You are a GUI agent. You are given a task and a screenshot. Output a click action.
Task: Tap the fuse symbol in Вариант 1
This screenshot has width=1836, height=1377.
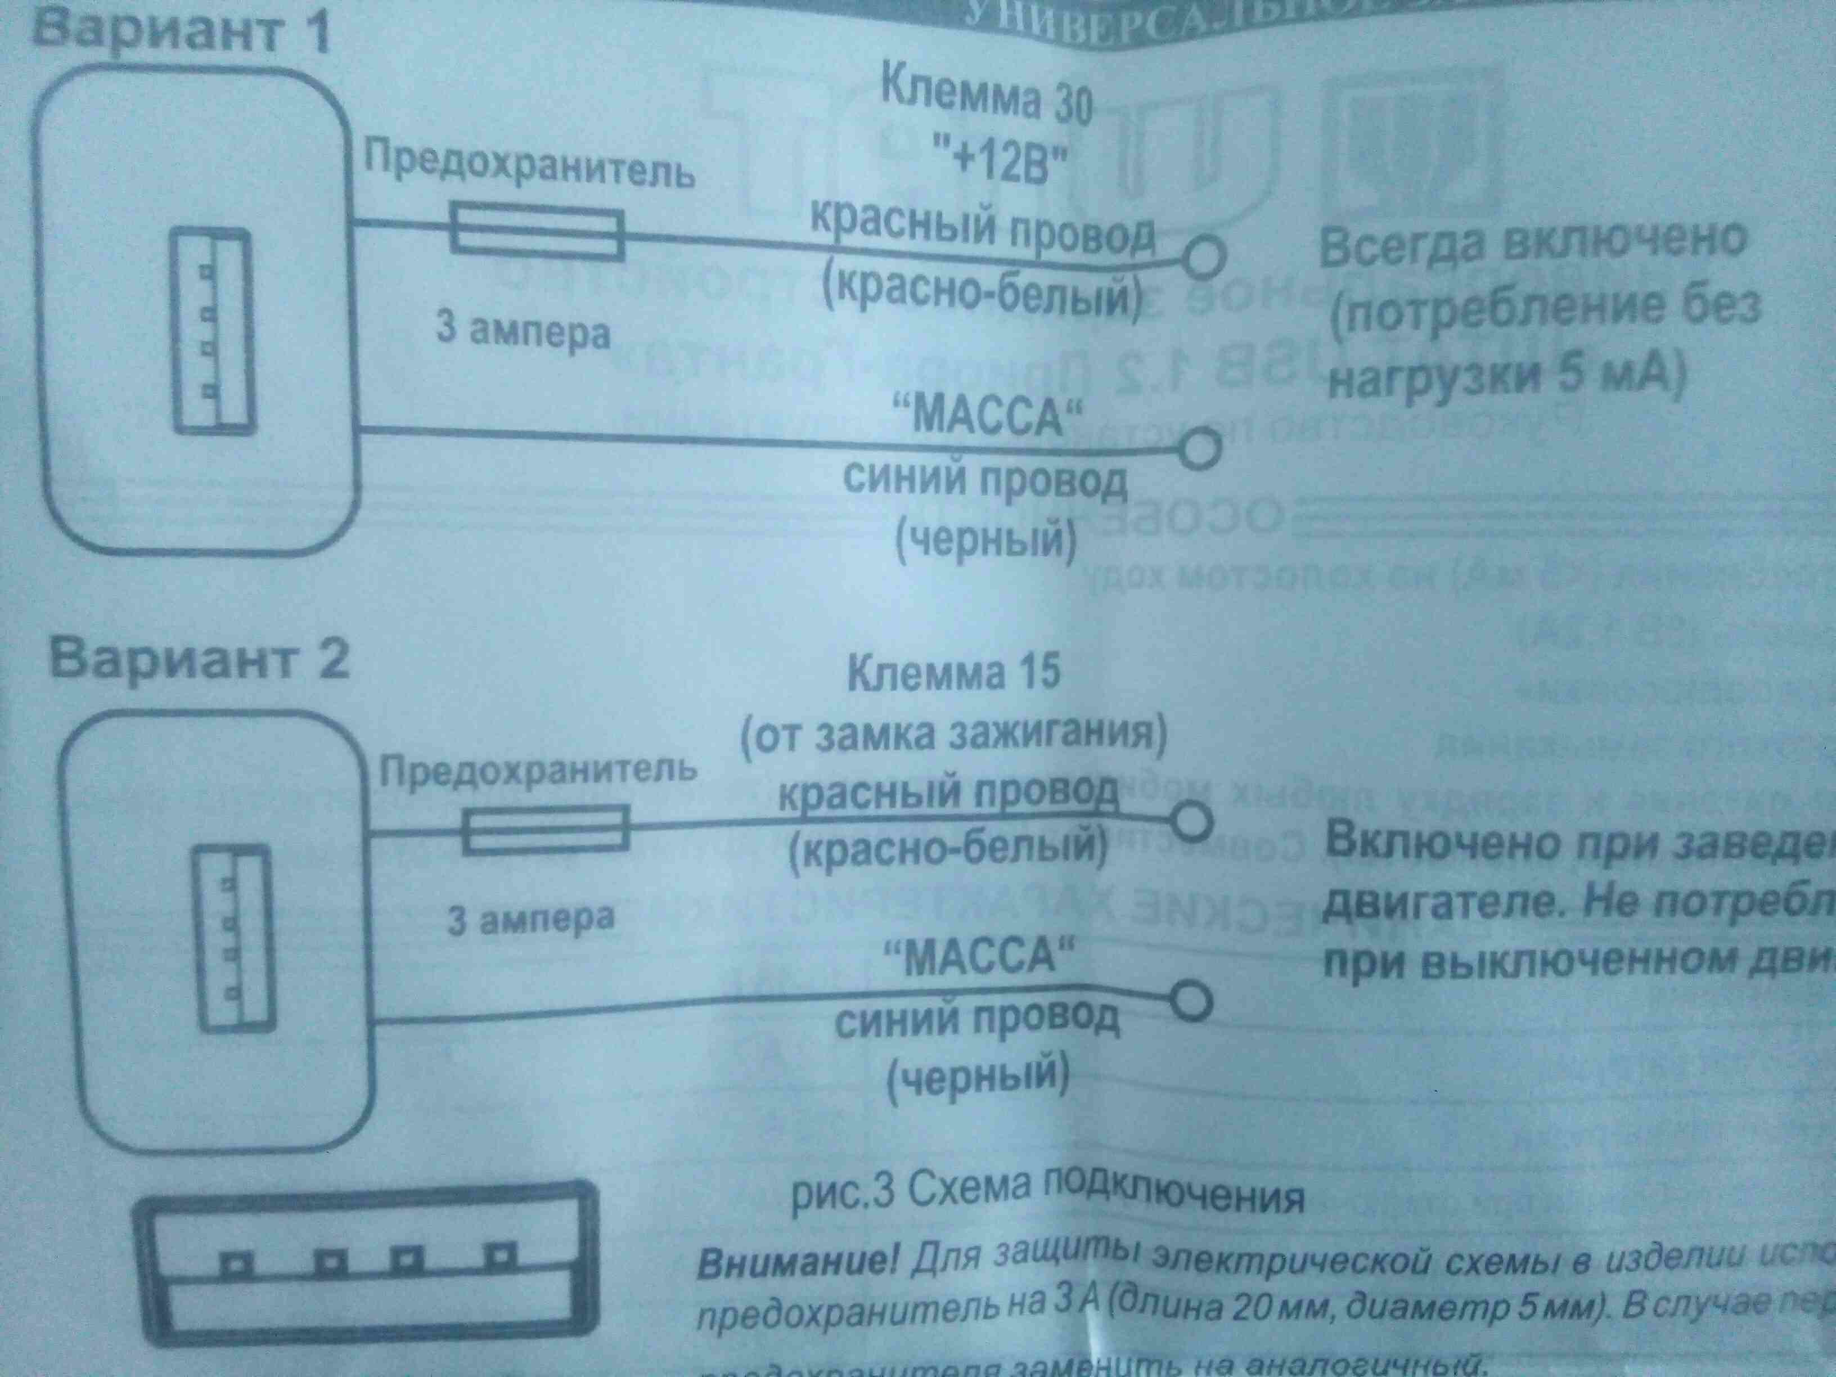[x=536, y=232]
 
